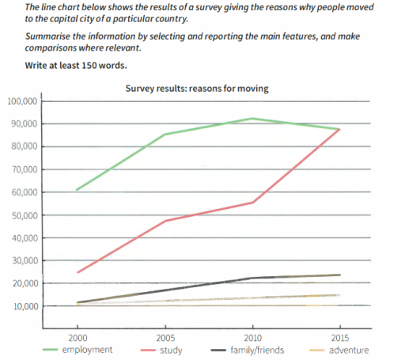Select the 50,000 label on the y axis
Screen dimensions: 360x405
point(23,216)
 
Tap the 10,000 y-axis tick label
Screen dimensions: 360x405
point(23,307)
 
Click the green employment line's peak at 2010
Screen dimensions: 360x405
point(252,119)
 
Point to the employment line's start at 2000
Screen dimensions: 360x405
point(77,190)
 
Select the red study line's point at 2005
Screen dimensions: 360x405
point(164,221)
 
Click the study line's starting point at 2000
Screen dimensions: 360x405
point(77,272)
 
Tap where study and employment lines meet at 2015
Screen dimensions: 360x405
point(339,129)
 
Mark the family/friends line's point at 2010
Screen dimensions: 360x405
point(252,278)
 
